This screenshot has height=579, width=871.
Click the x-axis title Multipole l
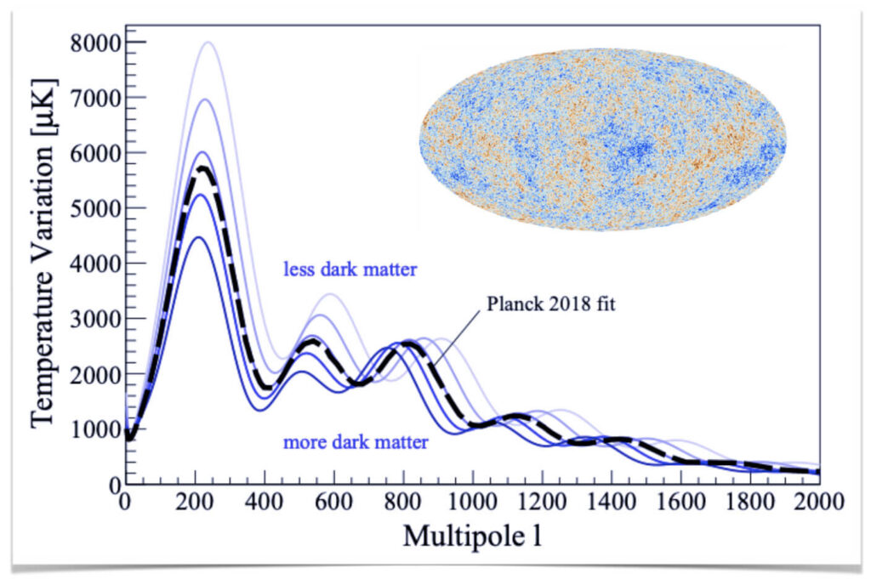point(472,536)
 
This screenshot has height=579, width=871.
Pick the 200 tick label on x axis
point(195,502)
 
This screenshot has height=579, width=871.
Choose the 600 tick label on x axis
point(333,502)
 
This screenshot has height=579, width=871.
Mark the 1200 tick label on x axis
point(542,502)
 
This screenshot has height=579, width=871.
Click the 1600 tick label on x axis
point(680,502)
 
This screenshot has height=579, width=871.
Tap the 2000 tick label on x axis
point(818,502)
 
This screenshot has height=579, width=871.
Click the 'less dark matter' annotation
point(350,270)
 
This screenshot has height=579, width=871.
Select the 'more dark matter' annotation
point(356,442)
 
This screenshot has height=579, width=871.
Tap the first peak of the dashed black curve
point(201,168)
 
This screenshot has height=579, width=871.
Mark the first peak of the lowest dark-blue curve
point(196,237)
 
